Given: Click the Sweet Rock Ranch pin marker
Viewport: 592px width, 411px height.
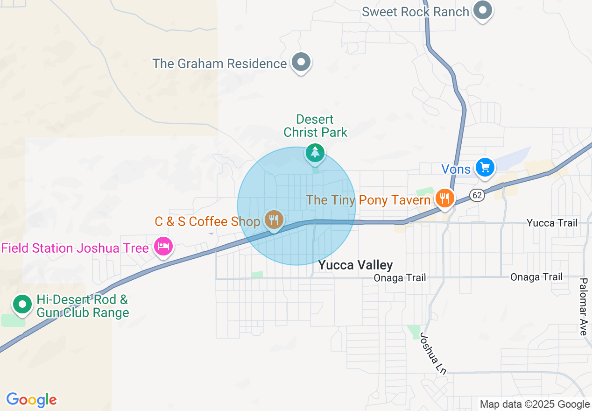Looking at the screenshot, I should [483, 10].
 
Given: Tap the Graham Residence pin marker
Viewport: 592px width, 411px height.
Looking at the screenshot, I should [301, 62].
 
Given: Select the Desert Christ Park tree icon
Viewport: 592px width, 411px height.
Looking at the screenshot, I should [315, 153].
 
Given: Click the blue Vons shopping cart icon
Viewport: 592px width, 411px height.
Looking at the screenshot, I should [485, 168].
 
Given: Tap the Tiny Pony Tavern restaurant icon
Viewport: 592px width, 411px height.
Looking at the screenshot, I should [444, 198].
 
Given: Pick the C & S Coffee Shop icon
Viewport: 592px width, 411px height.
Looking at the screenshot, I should [274, 220].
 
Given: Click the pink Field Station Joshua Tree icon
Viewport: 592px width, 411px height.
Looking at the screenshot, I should [163, 246].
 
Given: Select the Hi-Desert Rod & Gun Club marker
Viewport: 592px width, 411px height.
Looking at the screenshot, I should [21, 305].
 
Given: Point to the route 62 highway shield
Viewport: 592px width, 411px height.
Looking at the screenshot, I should [476, 196].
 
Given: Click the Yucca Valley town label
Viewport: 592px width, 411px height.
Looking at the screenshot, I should [355, 265].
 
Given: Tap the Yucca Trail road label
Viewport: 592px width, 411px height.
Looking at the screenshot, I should [552, 223].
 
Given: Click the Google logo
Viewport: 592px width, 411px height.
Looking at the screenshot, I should [31, 400].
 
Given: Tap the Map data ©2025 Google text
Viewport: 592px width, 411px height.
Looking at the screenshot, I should [535, 404].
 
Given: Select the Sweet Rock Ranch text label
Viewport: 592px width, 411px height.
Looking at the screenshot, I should [415, 12].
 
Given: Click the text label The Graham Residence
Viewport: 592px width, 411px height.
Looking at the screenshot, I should [219, 64].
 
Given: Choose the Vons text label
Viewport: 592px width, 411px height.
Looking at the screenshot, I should [456, 169].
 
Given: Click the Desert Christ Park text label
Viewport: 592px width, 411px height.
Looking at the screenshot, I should [316, 126].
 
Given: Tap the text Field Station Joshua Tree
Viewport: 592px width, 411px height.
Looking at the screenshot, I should [75, 248].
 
